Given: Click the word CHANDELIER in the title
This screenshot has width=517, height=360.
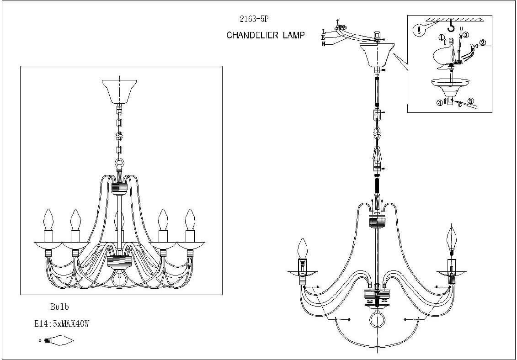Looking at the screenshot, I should [x=252, y=36].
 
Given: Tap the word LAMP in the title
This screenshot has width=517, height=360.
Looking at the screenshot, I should [x=293, y=36].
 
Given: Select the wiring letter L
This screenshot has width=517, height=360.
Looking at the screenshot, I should [x=323, y=32].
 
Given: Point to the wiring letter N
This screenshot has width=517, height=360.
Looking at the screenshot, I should [x=323, y=44].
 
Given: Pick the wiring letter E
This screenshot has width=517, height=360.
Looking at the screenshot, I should [x=323, y=37].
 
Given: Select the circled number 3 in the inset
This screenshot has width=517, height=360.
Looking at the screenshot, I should [x=465, y=35].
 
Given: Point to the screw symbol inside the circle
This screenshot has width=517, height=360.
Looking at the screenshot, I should [x=419, y=31].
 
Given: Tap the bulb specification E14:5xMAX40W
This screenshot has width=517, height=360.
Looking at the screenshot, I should [x=62, y=324].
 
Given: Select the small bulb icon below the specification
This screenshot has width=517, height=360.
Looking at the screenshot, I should [x=58, y=340].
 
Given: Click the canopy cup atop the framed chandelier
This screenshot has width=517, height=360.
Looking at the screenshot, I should [x=119, y=91].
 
